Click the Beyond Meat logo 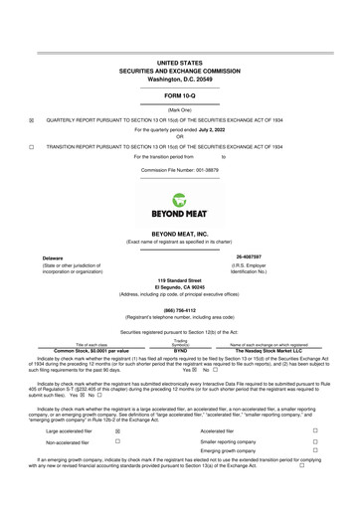(x=180, y=206)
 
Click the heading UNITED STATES (x=180, y=62)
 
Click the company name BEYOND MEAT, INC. (x=180, y=234)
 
